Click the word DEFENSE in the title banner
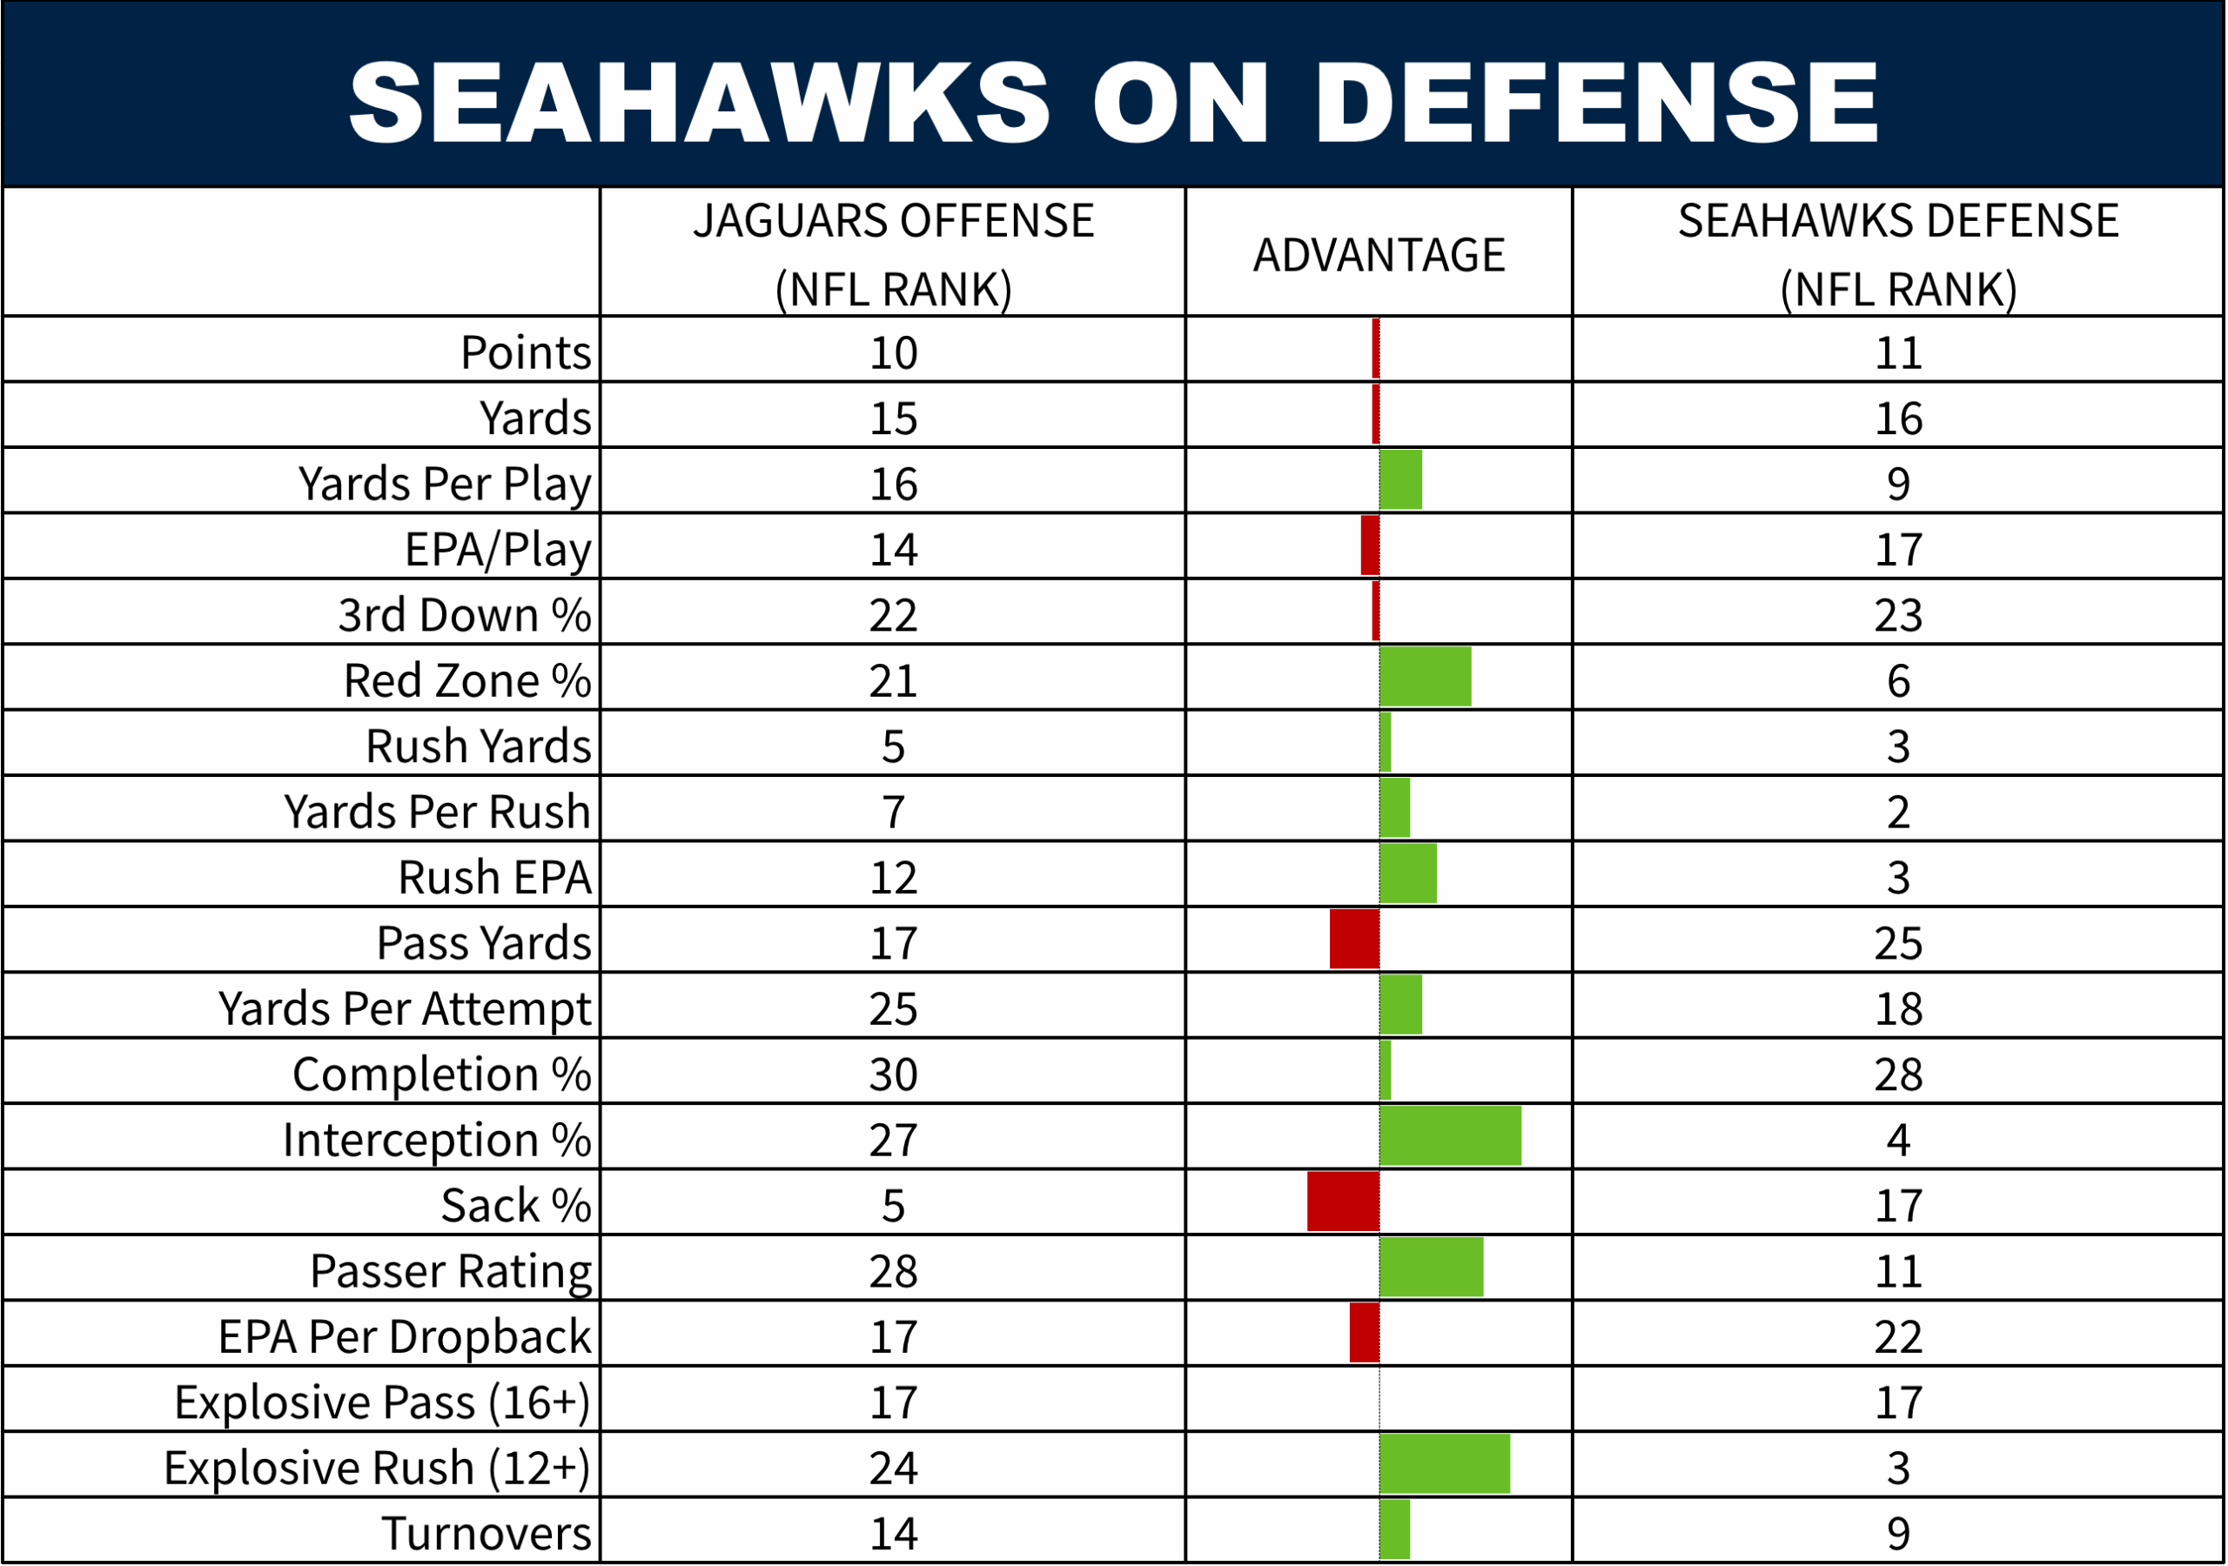[1595, 102]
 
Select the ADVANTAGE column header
[1378, 255]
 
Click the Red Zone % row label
[466, 680]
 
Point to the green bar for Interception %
[1450, 1135]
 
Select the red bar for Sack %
[1343, 1201]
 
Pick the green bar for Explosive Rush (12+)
[1444, 1464]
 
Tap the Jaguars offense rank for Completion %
[893, 1074]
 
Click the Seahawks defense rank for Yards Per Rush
[1898, 811]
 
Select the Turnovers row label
[487, 1533]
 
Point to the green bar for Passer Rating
[1432, 1266]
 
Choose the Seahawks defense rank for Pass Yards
[1898, 943]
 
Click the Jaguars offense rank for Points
[893, 352]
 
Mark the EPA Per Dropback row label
[404, 1336]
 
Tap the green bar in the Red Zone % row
[1425, 677]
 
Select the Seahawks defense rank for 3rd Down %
[1898, 615]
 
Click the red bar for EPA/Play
[1369, 545]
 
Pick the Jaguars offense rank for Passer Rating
[893, 1271]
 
